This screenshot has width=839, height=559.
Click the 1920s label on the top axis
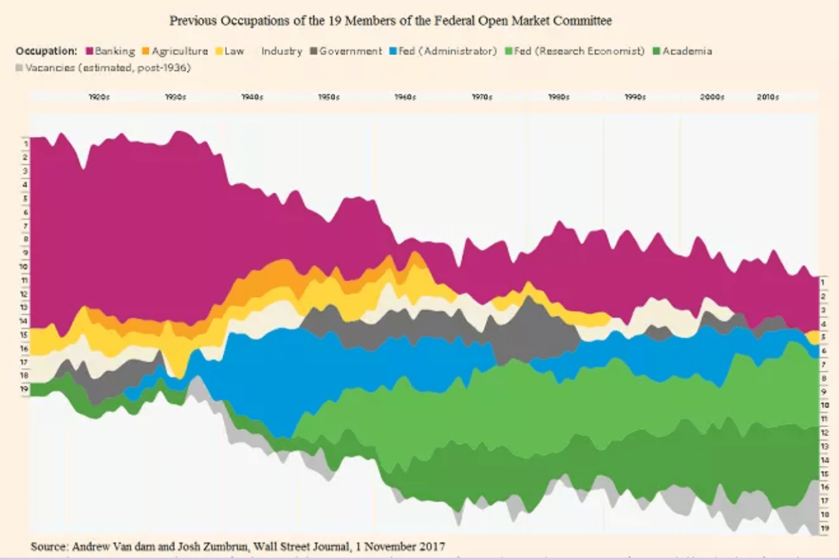click(98, 97)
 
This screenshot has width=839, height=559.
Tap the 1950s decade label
click(329, 97)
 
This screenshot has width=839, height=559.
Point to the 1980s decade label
click(558, 97)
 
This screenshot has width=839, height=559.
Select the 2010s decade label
click(767, 97)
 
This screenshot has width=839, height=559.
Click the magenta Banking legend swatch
click(89, 51)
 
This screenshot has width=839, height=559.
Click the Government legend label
click(350, 51)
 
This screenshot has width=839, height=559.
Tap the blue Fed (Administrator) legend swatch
click(393, 51)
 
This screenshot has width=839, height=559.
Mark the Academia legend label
click(687, 51)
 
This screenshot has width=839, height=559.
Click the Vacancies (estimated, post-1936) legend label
click(108, 67)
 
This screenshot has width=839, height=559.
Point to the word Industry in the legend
click(281, 51)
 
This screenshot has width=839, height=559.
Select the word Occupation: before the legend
click(47, 51)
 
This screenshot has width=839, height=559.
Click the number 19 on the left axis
click(25, 390)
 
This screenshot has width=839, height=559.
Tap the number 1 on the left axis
click(25, 143)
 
